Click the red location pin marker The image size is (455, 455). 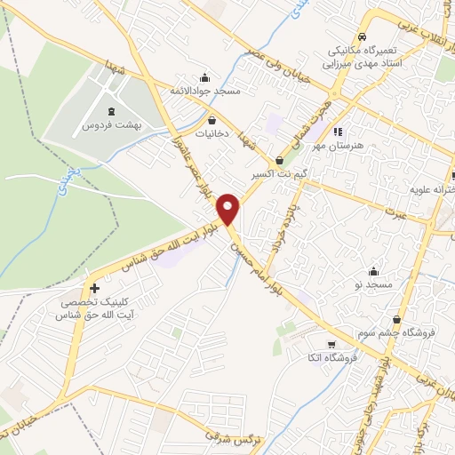tap(229, 209)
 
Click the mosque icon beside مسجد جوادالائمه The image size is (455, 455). tap(205, 77)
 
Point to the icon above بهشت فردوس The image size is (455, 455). tap(110, 111)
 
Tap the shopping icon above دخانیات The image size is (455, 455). tap(212, 120)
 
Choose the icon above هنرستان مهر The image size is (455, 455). tap(337, 133)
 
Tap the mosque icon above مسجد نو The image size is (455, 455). tap(374, 271)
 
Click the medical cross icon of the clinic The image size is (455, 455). tap(94, 288)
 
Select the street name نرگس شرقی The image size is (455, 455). tap(223, 436)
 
